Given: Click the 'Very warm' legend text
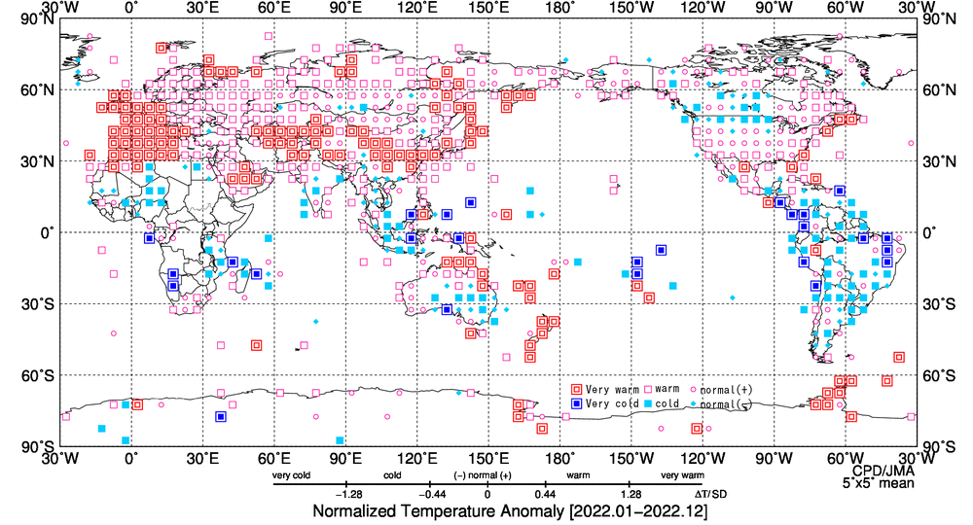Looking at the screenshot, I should click(613, 390).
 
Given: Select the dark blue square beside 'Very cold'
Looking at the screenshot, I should click(577, 402).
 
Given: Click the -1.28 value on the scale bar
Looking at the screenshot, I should click(348, 493).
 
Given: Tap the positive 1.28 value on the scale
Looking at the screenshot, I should click(630, 493).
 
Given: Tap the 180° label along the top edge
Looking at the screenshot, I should click(559, 8).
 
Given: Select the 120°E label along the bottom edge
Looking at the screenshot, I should click(416, 458).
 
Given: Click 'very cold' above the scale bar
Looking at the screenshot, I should click(291, 475).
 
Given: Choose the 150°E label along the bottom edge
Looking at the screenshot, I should click(488, 458).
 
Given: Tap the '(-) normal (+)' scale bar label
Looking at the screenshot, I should click(483, 475).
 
